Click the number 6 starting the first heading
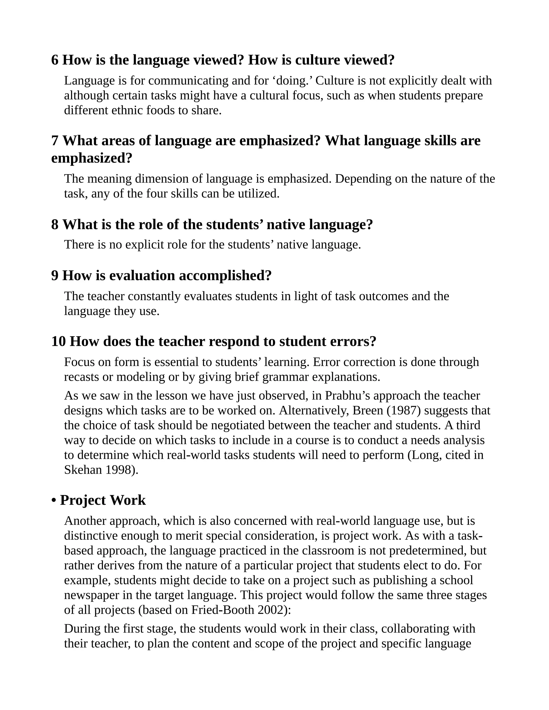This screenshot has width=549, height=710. pyautogui.click(x=55, y=60)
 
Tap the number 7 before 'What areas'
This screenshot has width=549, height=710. pyautogui.click(x=55, y=141)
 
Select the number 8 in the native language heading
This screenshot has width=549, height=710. pyautogui.click(x=55, y=225)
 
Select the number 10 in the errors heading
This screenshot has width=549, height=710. pyautogui.click(x=58, y=342)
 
